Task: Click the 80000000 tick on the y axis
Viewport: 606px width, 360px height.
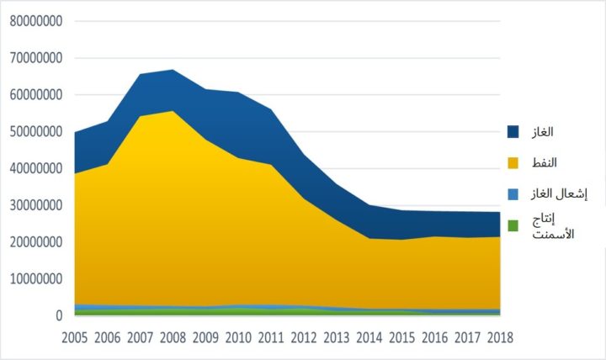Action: pyautogui.click(x=35, y=21)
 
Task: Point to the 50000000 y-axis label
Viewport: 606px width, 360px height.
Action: pyautogui.click(x=35, y=132)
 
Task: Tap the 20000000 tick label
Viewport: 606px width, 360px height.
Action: pyautogui.click(x=35, y=242)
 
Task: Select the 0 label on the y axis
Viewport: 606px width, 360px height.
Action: pyautogui.click(x=59, y=315)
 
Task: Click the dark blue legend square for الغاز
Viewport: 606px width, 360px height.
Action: pyautogui.click(x=513, y=131)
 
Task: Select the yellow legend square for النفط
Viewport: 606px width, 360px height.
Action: pyautogui.click(x=513, y=161)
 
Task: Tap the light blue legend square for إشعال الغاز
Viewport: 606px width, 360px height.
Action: pyautogui.click(x=513, y=193)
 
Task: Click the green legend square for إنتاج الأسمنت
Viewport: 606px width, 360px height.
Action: pyautogui.click(x=513, y=225)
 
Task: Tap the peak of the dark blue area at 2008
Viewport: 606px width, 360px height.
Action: pyautogui.click(x=173, y=71)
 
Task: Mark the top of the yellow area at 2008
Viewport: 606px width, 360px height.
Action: pyautogui.click(x=173, y=112)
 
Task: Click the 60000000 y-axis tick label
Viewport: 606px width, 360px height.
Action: pyautogui.click(x=35, y=95)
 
